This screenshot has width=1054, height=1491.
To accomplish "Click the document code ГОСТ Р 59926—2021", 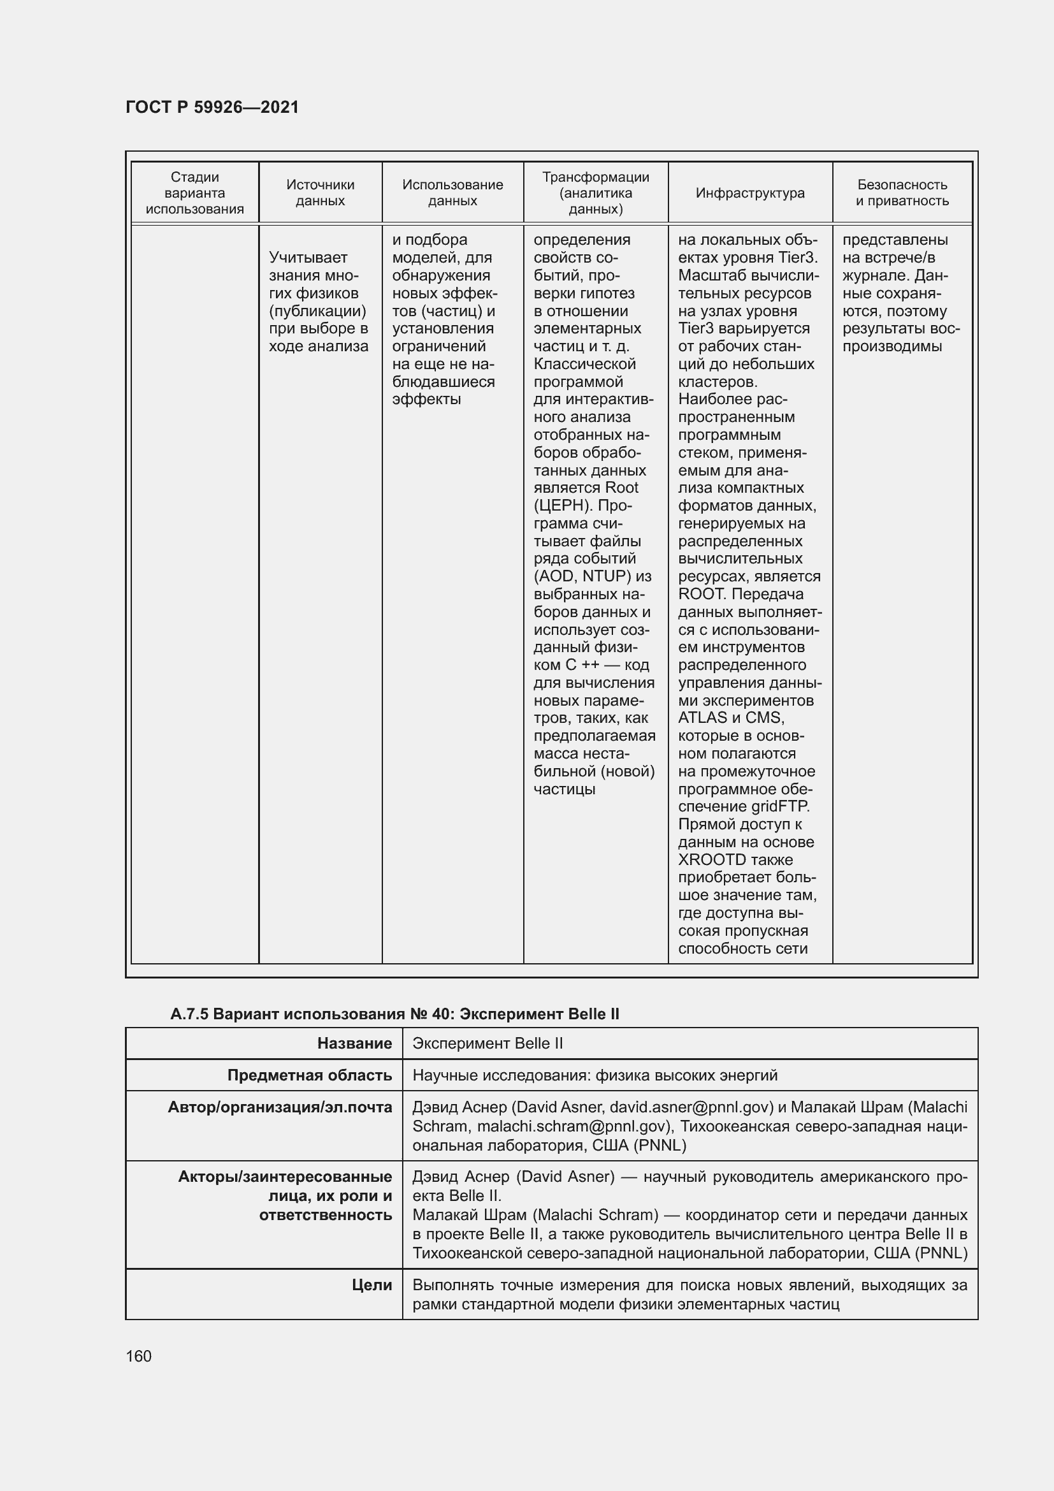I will tap(212, 107).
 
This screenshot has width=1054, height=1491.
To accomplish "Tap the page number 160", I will tap(138, 1356).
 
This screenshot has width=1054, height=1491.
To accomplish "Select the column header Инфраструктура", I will tap(749, 193).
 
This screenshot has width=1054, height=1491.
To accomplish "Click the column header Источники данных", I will tap(320, 193).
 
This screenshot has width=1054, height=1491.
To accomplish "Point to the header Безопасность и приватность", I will tap(902, 193).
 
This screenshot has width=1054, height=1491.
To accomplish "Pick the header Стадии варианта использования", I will tap(195, 193).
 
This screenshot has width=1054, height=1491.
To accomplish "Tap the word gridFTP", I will tap(781, 806).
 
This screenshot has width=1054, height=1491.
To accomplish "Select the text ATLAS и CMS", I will tap(731, 718).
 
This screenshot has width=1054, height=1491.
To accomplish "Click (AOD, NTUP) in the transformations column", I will tap(582, 576).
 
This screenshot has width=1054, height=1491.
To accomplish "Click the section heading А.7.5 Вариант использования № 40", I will tap(394, 1014).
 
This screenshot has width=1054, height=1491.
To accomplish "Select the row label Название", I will tap(354, 1044).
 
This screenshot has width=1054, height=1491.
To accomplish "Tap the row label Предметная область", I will tap(310, 1075).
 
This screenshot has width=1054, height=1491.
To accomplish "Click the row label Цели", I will tap(372, 1285).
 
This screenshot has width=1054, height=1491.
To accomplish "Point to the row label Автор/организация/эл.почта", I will tap(280, 1107).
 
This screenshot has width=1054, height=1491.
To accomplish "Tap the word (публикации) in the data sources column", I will tap(317, 310).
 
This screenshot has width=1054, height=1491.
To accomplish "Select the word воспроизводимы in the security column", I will tap(892, 346).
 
